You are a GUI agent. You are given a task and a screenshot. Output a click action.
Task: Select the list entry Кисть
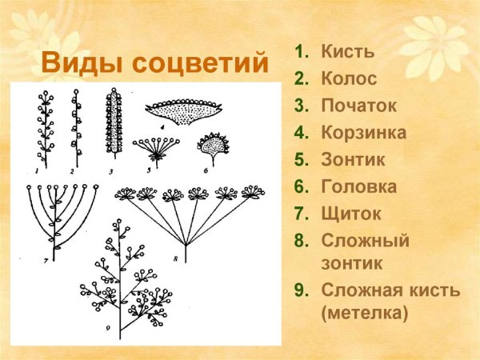pos(347,53)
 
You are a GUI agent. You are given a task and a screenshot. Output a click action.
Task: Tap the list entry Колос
pos(349,79)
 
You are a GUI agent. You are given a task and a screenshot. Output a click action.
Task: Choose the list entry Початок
pos(358,106)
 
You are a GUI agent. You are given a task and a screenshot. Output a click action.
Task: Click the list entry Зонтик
pos(353,159)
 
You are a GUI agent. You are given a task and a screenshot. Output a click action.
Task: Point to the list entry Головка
pos(358,186)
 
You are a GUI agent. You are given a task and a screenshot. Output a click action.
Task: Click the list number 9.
pos(301,290)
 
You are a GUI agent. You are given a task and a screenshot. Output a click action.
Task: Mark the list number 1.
pos(301,53)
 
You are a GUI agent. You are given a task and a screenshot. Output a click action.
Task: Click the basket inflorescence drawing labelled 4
pos(183,114)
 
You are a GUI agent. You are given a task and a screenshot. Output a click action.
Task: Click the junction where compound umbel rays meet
pos(186,244)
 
